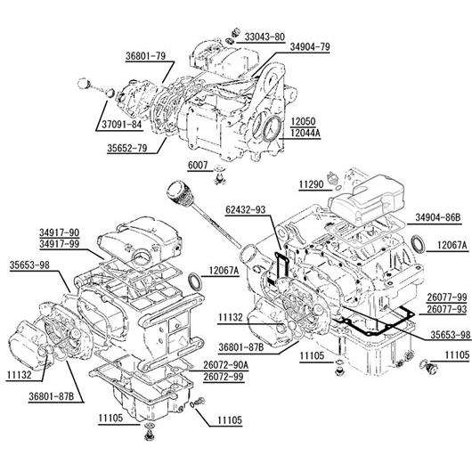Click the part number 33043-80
pos(264,37)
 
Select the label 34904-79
pos(310,47)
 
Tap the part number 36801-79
pos(145,56)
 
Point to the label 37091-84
pos(122,124)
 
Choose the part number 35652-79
pos(127,148)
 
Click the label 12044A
pos(305,133)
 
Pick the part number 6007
pos(198,166)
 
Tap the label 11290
pos(312,184)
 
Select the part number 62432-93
pos(246,209)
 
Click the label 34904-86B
pos(438,217)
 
